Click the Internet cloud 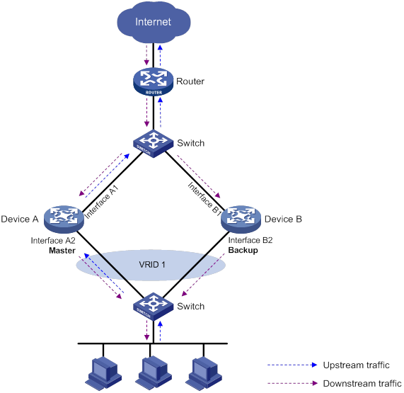point(154,22)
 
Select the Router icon point(154,81)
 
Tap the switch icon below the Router point(154,144)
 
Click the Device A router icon point(64,220)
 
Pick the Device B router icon point(241,220)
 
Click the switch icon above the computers point(154,307)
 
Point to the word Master point(62,251)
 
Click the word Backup point(243,251)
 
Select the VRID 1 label point(152,265)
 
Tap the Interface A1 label point(101,203)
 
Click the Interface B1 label point(205,198)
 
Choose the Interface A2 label point(53,241)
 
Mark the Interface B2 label point(250,240)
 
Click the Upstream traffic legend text point(357,365)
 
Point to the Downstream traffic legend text point(362,384)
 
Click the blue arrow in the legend point(292,365)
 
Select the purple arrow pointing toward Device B point(199,176)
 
